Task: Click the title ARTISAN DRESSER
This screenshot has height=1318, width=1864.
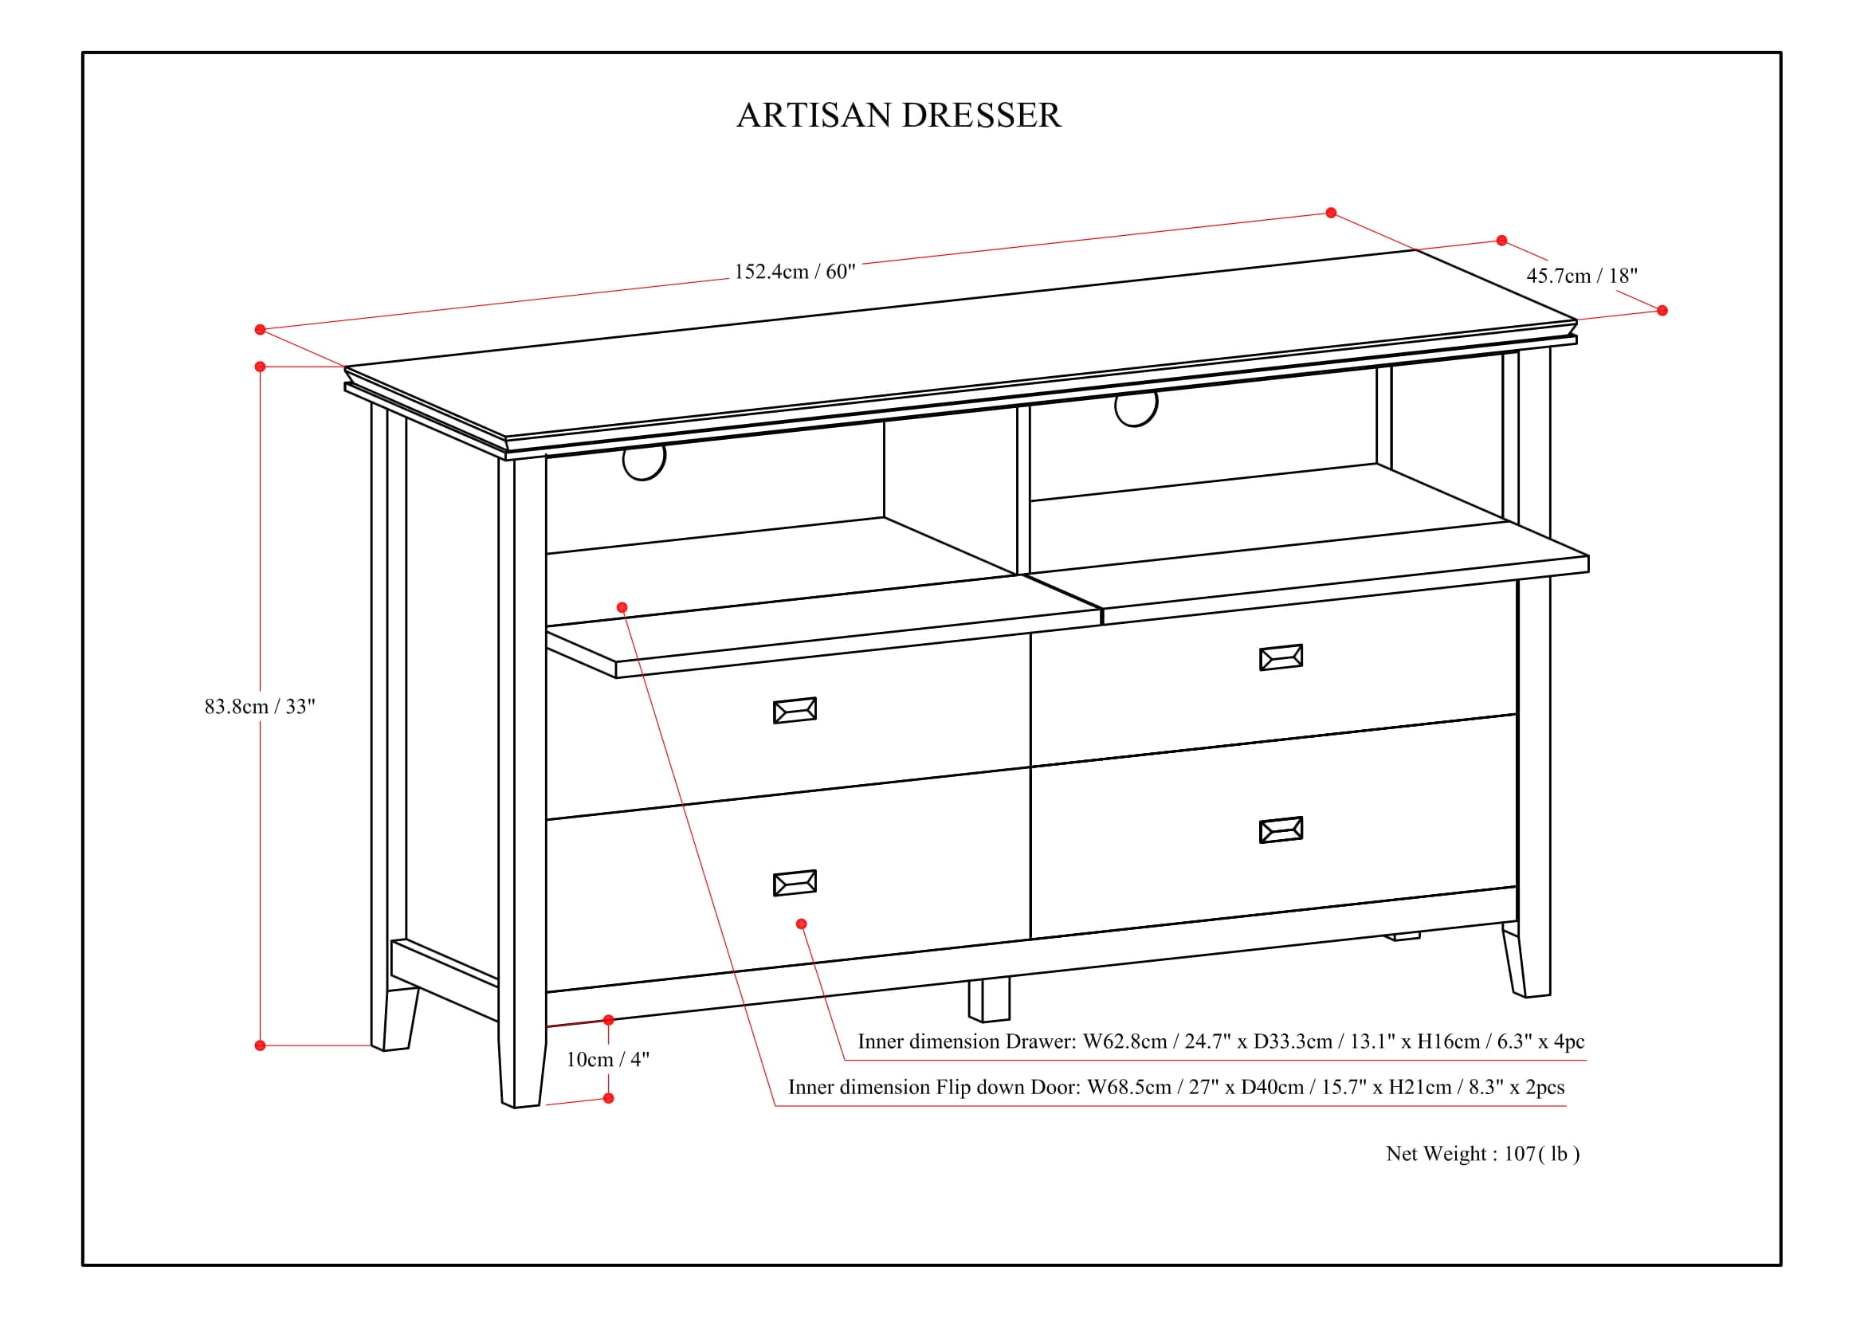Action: click(x=898, y=116)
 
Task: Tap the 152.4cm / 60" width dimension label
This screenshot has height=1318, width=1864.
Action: click(x=794, y=271)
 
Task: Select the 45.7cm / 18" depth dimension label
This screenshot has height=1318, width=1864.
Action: click(x=1581, y=276)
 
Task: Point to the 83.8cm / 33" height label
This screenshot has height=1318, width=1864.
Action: click(x=259, y=706)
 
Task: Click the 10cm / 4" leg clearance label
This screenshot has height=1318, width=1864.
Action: click(x=607, y=1059)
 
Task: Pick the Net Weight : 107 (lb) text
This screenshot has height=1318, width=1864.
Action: click(x=1482, y=1153)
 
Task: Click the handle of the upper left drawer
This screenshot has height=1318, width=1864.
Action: click(x=794, y=710)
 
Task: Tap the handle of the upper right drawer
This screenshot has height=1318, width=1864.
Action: click(x=1281, y=657)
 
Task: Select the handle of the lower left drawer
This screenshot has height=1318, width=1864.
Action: click(x=794, y=883)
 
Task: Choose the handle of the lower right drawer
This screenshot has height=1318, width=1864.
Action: click(x=1281, y=830)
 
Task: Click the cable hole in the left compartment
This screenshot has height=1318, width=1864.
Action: click(x=644, y=461)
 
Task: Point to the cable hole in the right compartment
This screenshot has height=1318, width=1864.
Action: click(x=1136, y=408)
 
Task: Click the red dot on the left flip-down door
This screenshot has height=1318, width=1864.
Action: click(x=622, y=607)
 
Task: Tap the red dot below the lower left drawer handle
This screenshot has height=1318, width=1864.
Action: click(x=801, y=924)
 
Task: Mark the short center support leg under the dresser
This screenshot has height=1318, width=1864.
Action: click(x=989, y=1000)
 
